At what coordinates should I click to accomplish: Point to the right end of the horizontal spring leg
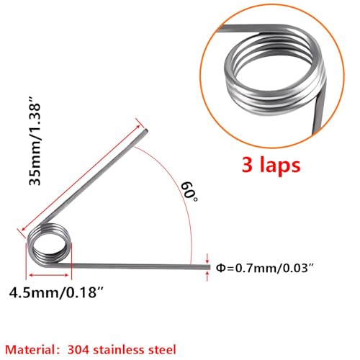coord(202,267)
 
